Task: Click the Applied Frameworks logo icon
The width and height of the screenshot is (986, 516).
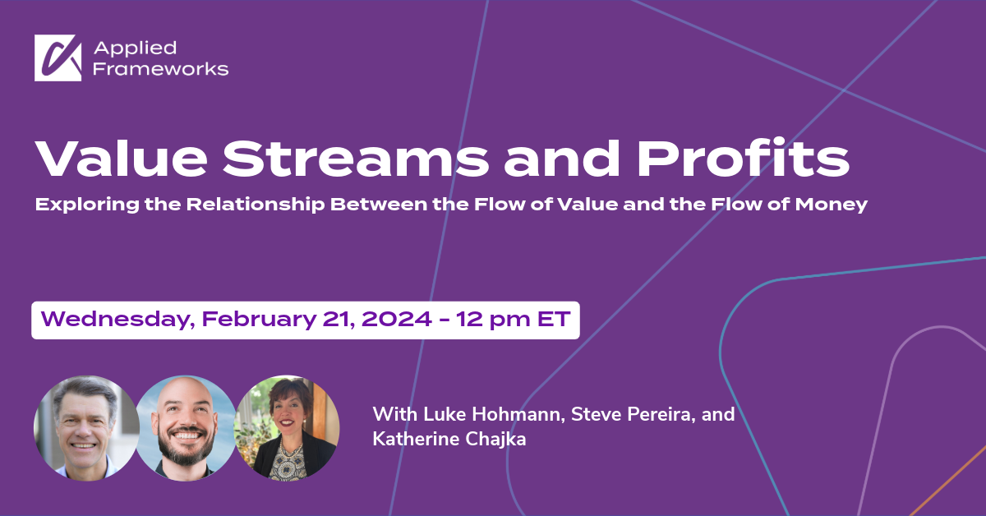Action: coord(58,58)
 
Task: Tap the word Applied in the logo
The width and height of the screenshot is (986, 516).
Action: coord(124,48)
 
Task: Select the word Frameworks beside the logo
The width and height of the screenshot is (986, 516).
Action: coord(161,69)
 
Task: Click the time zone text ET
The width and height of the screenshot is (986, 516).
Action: coord(553,319)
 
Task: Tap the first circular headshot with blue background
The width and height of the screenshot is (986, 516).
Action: coord(86,427)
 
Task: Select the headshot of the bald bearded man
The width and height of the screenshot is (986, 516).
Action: coord(186,427)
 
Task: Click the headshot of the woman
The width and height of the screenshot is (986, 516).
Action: coord(287,427)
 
